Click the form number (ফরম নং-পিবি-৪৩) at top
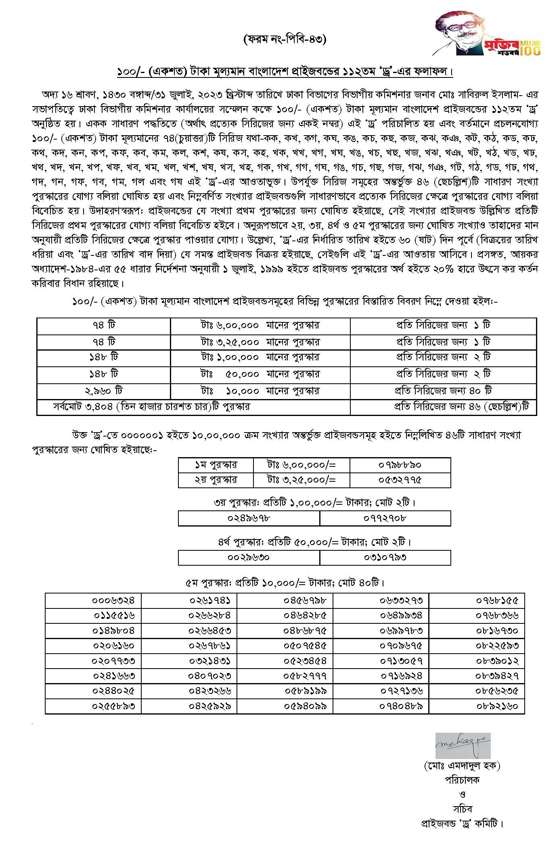tap(285, 39)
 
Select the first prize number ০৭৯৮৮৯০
tap(400, 465)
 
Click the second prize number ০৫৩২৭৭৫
tap(400, 480)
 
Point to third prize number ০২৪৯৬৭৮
tap(249, 518)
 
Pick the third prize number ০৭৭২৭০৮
tap(385, 518)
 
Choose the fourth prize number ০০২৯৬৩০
tap(249, 557)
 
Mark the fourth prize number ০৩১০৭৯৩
tap(385, 557)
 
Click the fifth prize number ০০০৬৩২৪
tap(113, 600)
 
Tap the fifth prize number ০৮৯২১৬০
tap(497, 706)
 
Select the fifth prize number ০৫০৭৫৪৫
tap(305, 646)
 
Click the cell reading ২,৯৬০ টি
tap(104, 391)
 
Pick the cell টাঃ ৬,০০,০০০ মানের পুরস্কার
tap(260, 325)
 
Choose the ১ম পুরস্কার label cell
tap(216, 465)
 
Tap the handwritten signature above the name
tap(463, 745)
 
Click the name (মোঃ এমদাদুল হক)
tap(462, 765)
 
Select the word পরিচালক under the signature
tap(462, 780)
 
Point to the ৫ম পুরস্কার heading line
tap(285, 583)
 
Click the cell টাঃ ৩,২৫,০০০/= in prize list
tap(301, 480)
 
